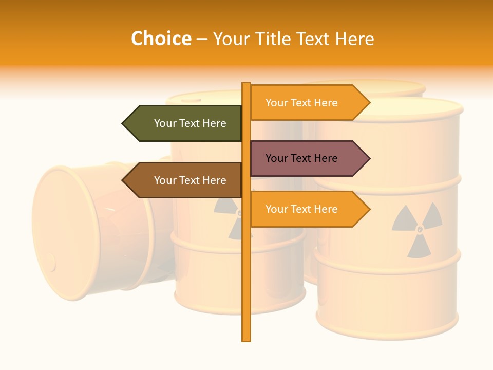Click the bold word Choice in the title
pos(161,39)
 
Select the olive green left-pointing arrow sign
pos(185,123)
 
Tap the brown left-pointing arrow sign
pos(185,180)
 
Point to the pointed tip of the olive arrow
pos(123,123)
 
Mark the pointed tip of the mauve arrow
pos(369,158)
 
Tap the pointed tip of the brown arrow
pos(123,180)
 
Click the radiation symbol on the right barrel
pos(417,229)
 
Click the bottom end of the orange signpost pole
pos(246,339)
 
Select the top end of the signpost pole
pos(246,84)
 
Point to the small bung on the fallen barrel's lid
pos(50,263)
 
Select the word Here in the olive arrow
pos(214,123)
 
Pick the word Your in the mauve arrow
pos(276,158)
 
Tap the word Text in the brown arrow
pos(189,180)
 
